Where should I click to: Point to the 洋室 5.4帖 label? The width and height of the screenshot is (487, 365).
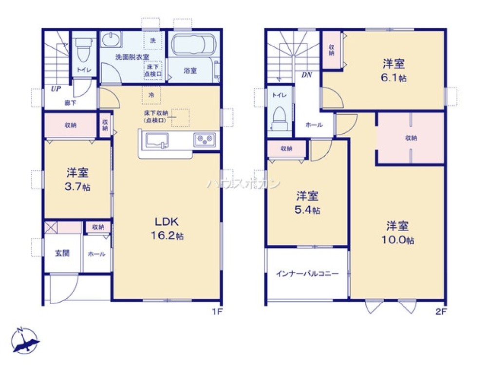pos(308,202)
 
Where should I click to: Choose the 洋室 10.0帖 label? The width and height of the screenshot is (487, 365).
pos(397,232)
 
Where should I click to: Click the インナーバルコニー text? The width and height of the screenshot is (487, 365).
pos(307,274)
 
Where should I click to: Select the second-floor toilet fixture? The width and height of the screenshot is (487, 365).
pos(280,118)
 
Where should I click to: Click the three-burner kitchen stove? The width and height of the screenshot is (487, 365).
pos(205,140)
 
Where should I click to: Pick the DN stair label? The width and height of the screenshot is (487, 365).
pos(307,75)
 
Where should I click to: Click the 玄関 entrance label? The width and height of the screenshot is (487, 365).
pos(62,253)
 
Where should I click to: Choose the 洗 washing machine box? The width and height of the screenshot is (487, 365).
pos(152,41)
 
